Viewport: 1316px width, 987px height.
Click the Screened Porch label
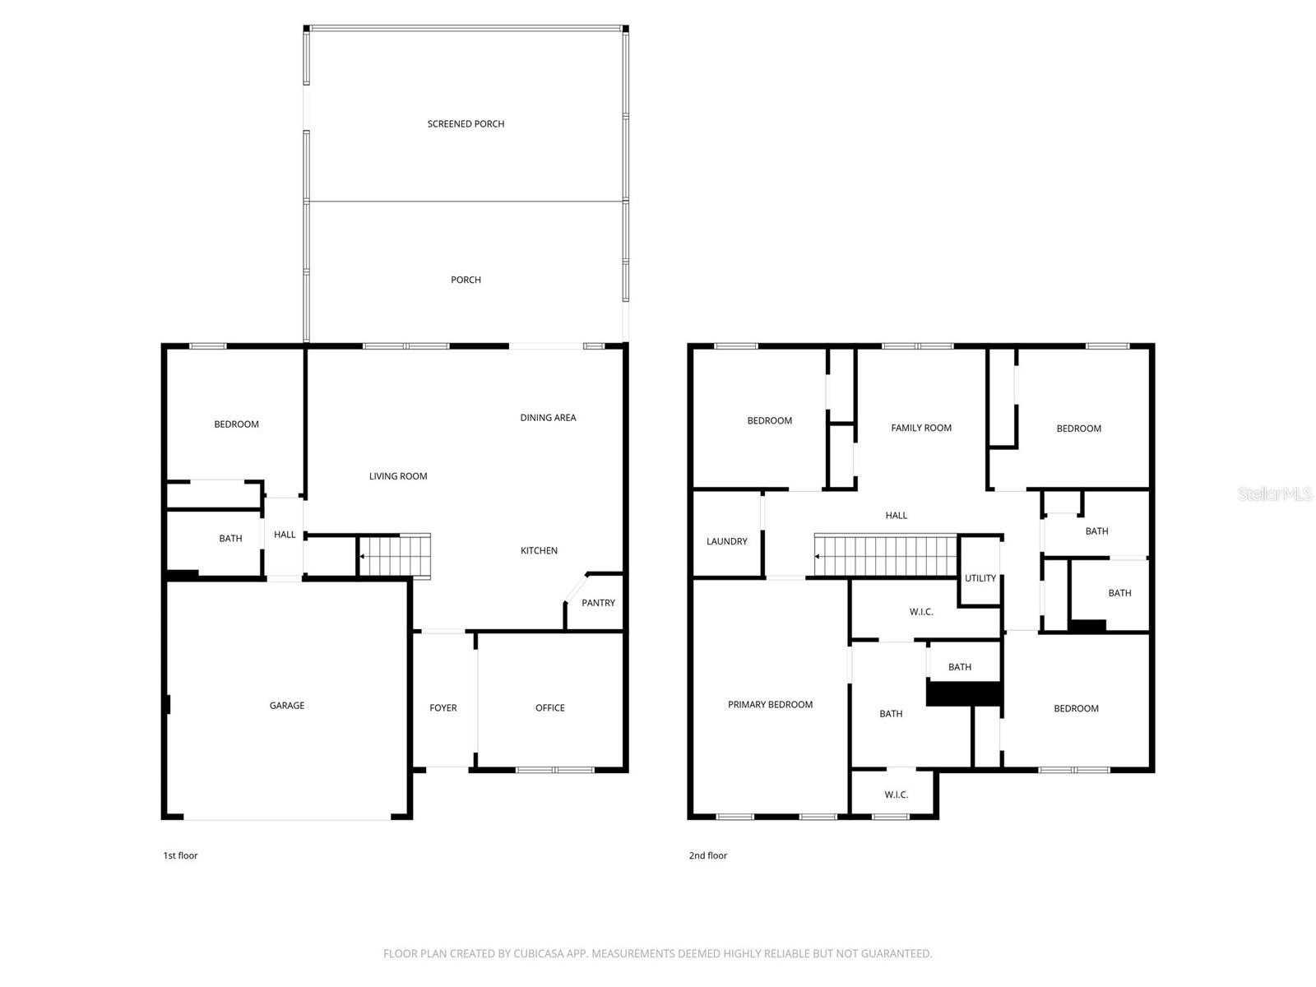[466, 124]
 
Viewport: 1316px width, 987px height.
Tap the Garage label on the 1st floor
[287, 706]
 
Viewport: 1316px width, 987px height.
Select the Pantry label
[598, 603]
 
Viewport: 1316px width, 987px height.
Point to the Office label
[550, 708]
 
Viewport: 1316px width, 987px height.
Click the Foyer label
[443, 708]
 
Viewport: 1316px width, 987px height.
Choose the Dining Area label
[548, 418]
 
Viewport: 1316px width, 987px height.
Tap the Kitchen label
[539, 551]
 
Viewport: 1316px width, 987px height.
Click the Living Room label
[398, 476]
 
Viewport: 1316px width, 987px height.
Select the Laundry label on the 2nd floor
[727, 542]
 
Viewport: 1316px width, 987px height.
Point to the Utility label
[980, 579]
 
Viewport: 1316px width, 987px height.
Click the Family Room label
[921, 429]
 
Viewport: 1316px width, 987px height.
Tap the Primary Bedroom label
[770, 705]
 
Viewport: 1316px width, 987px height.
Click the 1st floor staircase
[396, 556]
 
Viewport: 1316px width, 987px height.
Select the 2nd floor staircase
[886, 556]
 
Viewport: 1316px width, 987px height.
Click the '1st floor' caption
[180, 855]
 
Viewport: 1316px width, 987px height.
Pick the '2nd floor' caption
[708, 855]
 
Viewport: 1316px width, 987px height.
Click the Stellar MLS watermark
[1275, 494]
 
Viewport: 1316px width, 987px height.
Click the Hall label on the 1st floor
[285, 535]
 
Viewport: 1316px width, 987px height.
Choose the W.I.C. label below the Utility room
[921, 612]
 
